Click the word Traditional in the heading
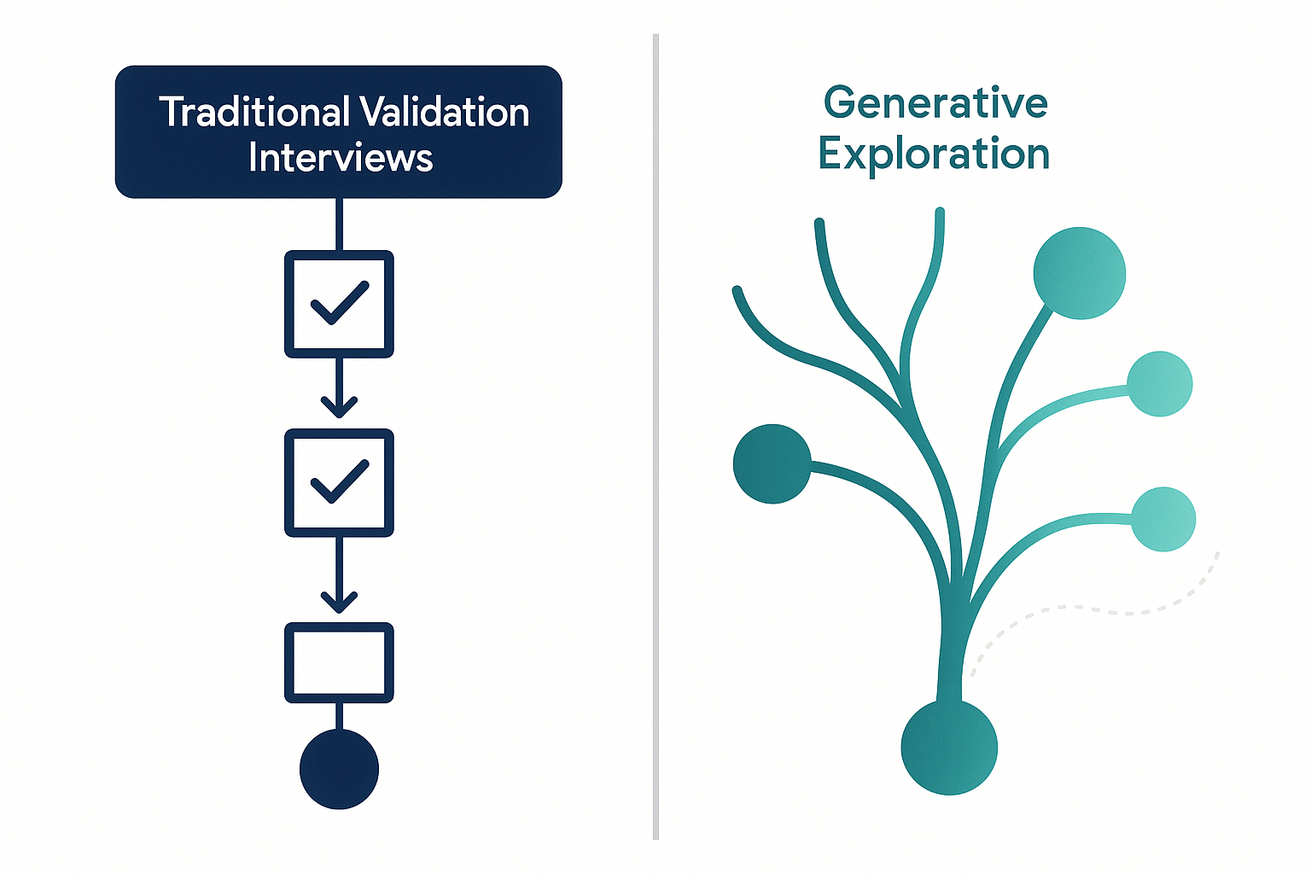point(254,111)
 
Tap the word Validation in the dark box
point(444,111)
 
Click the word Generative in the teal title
point(935,102)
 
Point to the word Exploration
point(934,154)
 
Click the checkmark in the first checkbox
point(340,303)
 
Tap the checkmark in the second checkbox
point(340,481)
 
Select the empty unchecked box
point(340,662)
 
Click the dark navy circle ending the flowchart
point(340,769)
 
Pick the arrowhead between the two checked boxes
point(340,407)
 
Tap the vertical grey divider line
point(656,437)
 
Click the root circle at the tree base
point(949,747)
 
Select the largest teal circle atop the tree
point(1080,273)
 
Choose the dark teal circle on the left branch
point(772,463)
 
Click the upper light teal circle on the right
point(1160,384)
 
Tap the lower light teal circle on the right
point(1163,519)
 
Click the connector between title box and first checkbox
point(340,224)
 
